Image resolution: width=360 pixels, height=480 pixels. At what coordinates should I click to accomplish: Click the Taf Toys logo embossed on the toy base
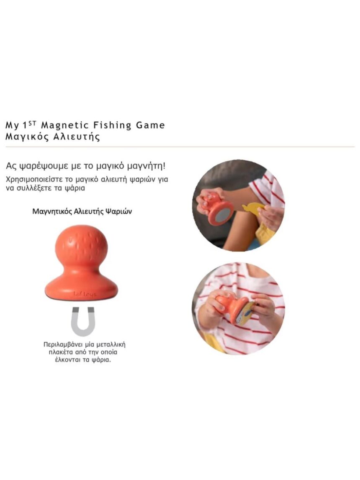point(85,294)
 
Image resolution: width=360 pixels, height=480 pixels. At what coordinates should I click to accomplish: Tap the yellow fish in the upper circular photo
point(252,208)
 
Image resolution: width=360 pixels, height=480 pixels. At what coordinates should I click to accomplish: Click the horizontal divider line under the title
point(180,147)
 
